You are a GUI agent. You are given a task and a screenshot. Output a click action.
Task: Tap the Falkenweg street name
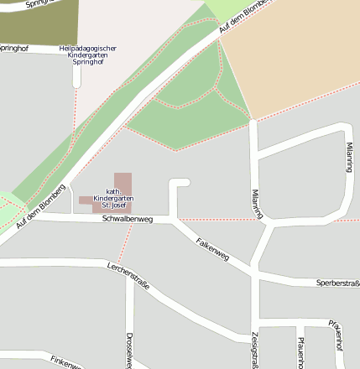point(212,248)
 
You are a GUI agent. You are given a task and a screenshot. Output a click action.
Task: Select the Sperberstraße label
point(337,283)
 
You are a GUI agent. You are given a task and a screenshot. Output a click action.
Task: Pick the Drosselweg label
point(129,347)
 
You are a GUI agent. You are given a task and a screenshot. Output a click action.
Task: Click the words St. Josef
point(113,205)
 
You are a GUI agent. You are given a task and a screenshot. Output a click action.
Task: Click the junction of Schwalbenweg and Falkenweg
point(175,221)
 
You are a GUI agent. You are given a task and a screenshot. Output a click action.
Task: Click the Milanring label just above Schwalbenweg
point(257,204)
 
